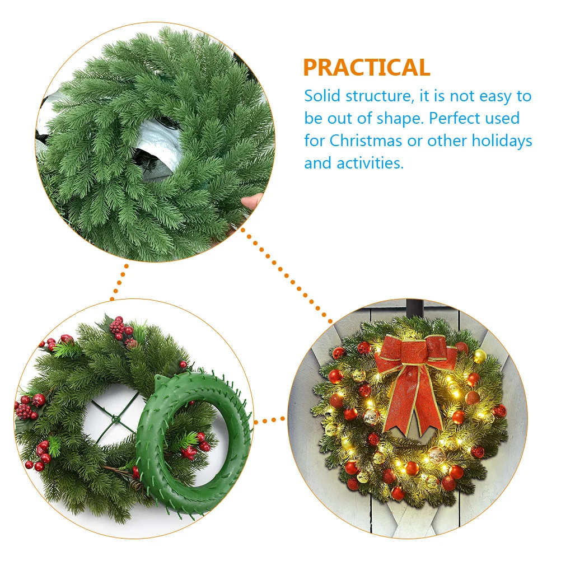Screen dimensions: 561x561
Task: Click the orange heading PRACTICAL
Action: point(366,68)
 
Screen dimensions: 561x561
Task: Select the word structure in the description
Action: point(378,96)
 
